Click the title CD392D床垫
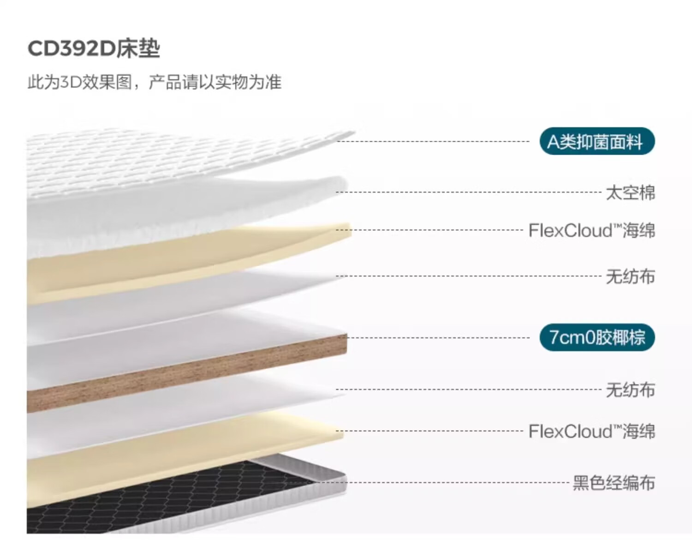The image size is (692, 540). tap(94, 49)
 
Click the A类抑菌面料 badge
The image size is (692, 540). tap(597, 141)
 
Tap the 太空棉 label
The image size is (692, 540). tap(630, 193)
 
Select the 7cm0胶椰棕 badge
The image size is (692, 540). tap(597, 337)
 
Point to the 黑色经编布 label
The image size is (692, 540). tap(614, 483)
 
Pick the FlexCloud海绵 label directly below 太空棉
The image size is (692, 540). tap(592, 230)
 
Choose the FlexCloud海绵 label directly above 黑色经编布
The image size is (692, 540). tap(592, 431)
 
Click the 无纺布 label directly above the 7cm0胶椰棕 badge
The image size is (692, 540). tap(630, 276)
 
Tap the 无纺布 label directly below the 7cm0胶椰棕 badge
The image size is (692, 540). tap(630, 390)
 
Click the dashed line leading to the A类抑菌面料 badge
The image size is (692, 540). tap(433, 141)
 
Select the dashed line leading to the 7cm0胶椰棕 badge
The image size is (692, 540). tap(438, 337)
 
